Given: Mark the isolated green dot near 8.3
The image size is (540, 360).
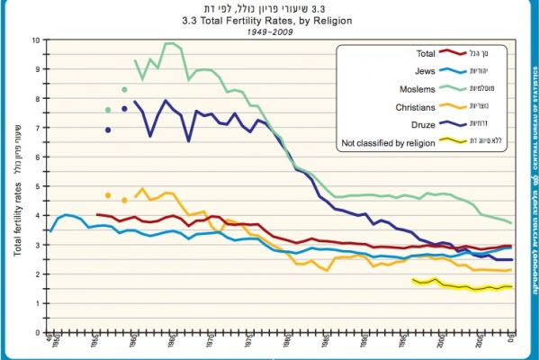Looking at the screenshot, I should [x=124, y=90].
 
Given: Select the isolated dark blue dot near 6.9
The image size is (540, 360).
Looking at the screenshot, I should [x=108, y=130].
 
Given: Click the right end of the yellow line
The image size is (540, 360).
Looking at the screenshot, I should [x=512, y=286].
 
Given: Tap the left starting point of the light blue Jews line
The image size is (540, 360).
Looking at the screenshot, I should [x=50, y=231].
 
